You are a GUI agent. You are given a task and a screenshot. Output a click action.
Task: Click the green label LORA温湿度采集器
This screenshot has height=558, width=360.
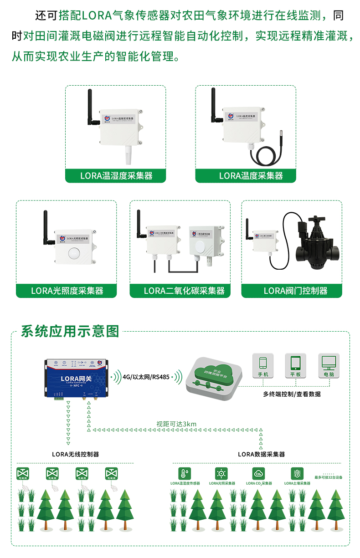click(116, 175)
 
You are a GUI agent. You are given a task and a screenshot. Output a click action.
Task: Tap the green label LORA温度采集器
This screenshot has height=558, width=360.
click(246, 175)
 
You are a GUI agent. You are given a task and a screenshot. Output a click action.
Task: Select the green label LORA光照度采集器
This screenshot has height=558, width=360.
click(67, 291)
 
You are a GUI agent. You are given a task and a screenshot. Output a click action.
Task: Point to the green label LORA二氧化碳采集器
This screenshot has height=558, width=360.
click(180, 291)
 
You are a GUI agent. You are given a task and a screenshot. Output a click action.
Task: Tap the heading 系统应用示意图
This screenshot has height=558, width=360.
click(70, 331)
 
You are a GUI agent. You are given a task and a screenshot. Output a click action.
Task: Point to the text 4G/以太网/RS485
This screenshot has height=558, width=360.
click(146, 377)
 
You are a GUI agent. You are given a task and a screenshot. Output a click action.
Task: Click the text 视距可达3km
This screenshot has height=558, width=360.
click(176, 424)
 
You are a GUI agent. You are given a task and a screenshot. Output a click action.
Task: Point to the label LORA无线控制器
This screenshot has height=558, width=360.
click(75, 454)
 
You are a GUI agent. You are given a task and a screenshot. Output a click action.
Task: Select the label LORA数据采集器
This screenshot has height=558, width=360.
click(261, 454)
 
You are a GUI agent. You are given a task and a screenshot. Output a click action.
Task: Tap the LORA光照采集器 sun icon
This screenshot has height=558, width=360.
click(222, 473)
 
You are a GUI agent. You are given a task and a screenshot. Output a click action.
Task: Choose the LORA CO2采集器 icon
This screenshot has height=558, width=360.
click(259, 473)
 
